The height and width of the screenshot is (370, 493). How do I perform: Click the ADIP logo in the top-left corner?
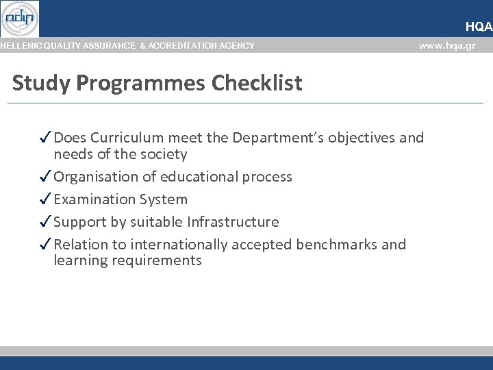20,18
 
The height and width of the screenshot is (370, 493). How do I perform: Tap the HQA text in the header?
479,27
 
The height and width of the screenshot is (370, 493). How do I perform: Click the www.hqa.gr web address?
446,46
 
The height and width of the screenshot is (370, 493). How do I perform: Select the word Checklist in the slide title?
257,83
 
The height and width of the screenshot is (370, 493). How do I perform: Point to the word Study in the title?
41,83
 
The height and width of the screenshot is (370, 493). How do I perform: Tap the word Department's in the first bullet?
278,138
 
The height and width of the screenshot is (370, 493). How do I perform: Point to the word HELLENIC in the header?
19,46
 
